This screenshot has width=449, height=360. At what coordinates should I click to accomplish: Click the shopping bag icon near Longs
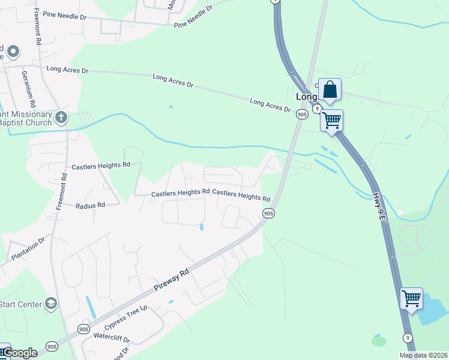330,90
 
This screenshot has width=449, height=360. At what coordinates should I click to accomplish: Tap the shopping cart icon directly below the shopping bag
331,120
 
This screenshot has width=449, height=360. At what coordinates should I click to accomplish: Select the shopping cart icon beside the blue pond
411,298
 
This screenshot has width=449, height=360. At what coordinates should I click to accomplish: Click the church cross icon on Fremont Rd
61,117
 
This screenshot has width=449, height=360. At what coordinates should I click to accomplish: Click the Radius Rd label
90,205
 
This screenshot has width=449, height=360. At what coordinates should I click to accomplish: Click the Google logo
20,353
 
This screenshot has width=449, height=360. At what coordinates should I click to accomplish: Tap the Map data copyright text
423,355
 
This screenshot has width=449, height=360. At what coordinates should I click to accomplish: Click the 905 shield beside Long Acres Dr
302,114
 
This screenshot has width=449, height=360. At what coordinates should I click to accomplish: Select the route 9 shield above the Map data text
408,337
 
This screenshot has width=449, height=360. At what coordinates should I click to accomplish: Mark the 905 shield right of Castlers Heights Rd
268,213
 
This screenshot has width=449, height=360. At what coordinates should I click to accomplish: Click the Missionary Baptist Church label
26,118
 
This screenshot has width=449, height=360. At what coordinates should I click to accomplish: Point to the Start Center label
21,304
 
